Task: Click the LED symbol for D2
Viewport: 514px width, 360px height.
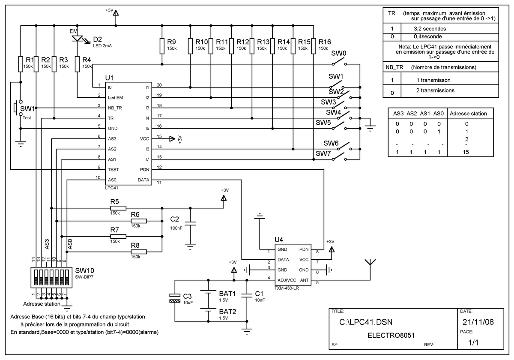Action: click(77, 39)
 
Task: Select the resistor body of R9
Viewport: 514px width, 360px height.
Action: click(162, 46)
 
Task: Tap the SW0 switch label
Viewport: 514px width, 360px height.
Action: click(339, 53)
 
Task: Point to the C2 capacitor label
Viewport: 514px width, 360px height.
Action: click(174, 219)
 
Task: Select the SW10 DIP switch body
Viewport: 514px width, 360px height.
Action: click(51, 277)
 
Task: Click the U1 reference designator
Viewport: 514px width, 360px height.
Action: click(109, 78)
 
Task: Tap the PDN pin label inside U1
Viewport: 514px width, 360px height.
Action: click(145, 170)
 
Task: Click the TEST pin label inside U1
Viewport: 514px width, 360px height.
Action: click(114, 170)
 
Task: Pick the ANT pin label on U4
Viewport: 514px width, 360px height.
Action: click(304, 280)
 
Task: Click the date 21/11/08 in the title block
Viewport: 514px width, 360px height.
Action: click(478, 322)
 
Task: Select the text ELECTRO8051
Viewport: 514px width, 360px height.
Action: click(391, 336)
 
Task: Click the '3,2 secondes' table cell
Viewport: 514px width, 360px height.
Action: click(430, 29)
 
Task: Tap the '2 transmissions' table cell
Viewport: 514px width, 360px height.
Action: click(435, 90)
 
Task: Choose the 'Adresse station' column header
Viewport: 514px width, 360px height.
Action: click(468, 114)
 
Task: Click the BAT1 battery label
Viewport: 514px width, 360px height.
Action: click(227, 294)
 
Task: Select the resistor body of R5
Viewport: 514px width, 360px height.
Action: click(118, 208)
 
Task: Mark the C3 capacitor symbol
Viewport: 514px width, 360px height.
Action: click(175, 298)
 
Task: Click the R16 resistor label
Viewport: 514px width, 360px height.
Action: click(325, 42)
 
